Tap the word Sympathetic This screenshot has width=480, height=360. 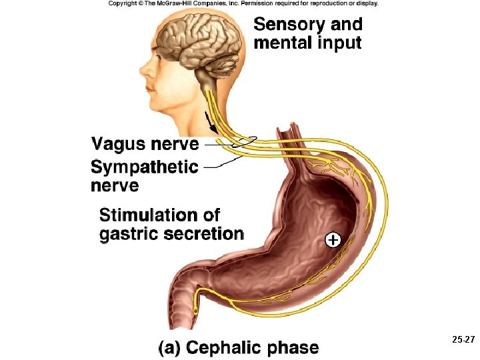pos(145,167)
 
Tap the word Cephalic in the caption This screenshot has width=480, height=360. pos(225,348)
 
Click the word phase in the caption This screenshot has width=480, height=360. pos(293,348)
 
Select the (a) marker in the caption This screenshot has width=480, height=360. pos(170,348)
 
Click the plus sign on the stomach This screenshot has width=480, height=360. pos(332,240)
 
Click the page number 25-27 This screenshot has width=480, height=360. pos(461,340)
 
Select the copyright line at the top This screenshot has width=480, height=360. pos(243,3)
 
